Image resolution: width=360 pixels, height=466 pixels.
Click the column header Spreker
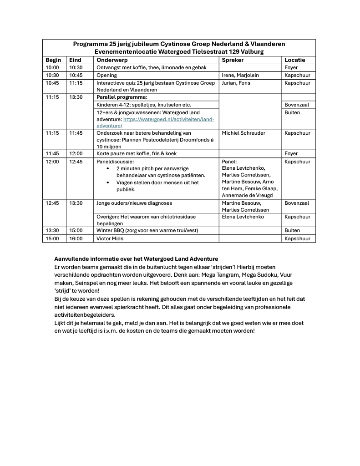[233, 60]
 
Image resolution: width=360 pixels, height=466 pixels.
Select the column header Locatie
[294, 60]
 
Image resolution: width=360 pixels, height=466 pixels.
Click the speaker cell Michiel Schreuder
[243, 133]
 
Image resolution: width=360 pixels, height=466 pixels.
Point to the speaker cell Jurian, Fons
[236, 83]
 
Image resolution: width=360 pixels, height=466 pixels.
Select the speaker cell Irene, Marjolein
[240, 75]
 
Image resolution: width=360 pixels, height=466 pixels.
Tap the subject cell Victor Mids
[110, 238]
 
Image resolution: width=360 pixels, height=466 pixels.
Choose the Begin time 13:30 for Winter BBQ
[52, 230]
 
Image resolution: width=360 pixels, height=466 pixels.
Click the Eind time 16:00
[76, 238]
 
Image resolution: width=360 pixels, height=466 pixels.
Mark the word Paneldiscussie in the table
[115, 162]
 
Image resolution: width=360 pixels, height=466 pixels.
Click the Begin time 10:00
[52, 67]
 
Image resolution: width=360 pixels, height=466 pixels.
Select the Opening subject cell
[106, 75]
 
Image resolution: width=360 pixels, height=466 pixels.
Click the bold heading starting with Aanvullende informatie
[136, 258]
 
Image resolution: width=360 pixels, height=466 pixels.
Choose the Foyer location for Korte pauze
[291, 153]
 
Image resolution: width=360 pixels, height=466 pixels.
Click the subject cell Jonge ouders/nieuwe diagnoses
[134, 203]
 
